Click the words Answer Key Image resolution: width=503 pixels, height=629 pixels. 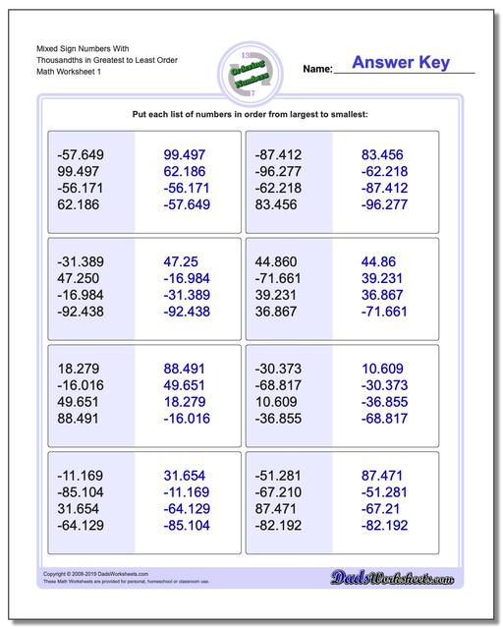point(401,63)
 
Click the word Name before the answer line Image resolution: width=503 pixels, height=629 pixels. point(316,70)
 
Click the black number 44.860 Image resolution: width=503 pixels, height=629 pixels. point(276,262)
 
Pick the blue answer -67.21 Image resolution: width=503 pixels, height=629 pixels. point(382,508)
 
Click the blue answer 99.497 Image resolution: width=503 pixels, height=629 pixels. point(185,154)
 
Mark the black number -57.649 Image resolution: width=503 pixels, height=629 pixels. point(82,154)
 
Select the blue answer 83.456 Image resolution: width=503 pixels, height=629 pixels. point(383,154)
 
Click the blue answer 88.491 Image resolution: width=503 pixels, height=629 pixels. point(185,370)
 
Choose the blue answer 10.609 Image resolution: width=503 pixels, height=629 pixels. point(383,370)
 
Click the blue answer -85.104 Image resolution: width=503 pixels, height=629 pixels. point(185,525)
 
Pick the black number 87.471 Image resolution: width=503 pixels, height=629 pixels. point(276,508)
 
